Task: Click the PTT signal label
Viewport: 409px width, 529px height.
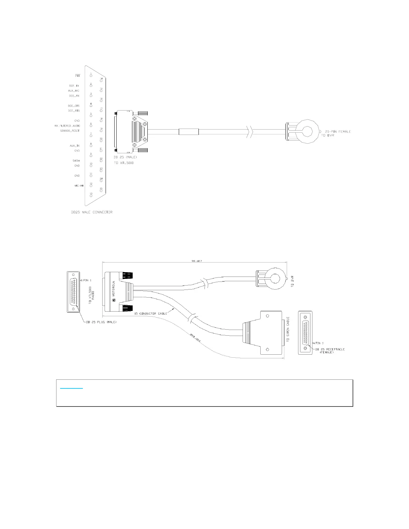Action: coord(77,76)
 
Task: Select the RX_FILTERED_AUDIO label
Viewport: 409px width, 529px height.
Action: coord(67,126)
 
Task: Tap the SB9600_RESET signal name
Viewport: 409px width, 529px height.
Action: coord(70,131)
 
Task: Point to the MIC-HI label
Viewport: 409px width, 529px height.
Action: coord(79,186)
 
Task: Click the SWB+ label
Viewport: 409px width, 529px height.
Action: coord(77,161)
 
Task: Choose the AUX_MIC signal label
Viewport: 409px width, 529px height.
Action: coord(74,91)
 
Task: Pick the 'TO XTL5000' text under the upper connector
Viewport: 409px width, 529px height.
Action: coord(124,163)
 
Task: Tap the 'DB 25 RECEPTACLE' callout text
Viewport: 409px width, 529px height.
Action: coord(330,349)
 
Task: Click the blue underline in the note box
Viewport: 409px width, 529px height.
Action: coord(72,388)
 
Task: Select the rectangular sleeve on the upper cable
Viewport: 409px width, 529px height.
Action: coord(189,132)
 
